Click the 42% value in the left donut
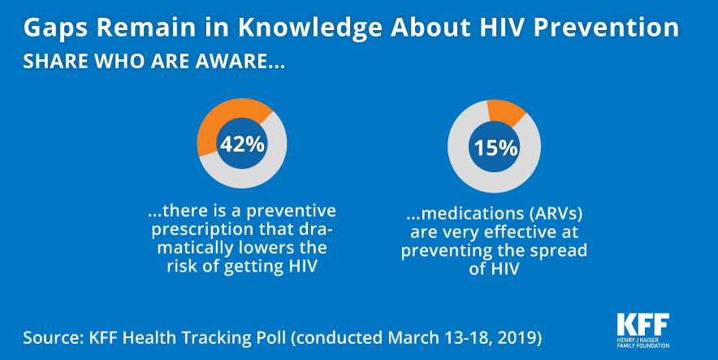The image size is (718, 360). coord(241,145)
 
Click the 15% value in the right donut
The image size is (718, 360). coord(496,148)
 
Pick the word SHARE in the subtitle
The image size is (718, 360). coord(50,62)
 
